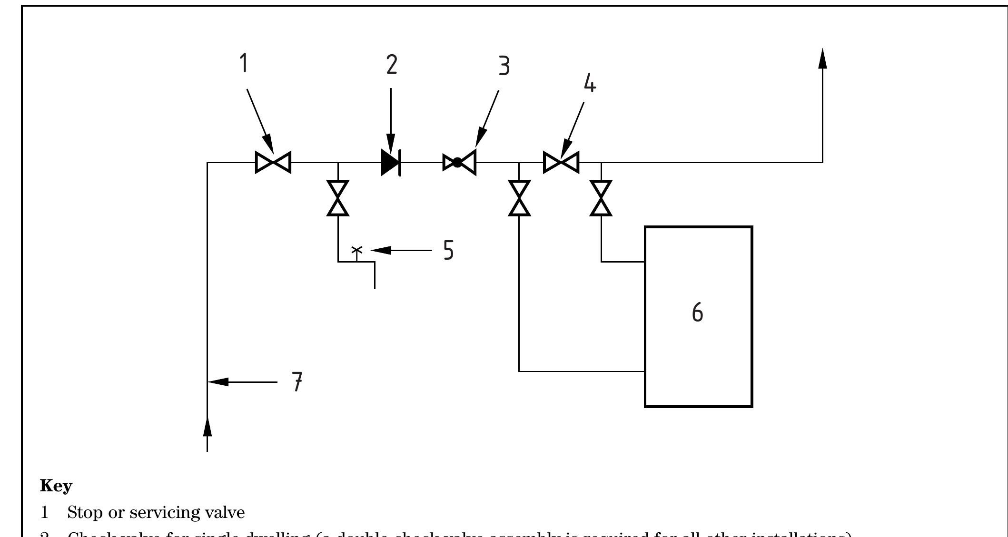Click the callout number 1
tap(244, 63)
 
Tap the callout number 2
tap(391, 65)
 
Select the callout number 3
tap(504, 66)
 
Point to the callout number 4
tap(590, 84)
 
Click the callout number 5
tap(448, 250)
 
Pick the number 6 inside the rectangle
tap(697, 312)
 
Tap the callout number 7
tap(297, 381)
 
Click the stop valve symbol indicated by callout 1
tap(273, 162)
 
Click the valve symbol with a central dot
tap(459, 163)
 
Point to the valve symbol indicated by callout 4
tap(561, 163)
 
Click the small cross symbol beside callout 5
tap(356, 250)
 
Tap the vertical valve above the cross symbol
tap(338, 198)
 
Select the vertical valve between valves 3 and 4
tap(519, 198)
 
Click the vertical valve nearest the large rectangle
tap(601, 198)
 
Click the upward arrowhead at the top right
tap(822, 59)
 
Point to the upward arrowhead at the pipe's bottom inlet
tap(208, 426)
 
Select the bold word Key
tap(56, 486)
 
